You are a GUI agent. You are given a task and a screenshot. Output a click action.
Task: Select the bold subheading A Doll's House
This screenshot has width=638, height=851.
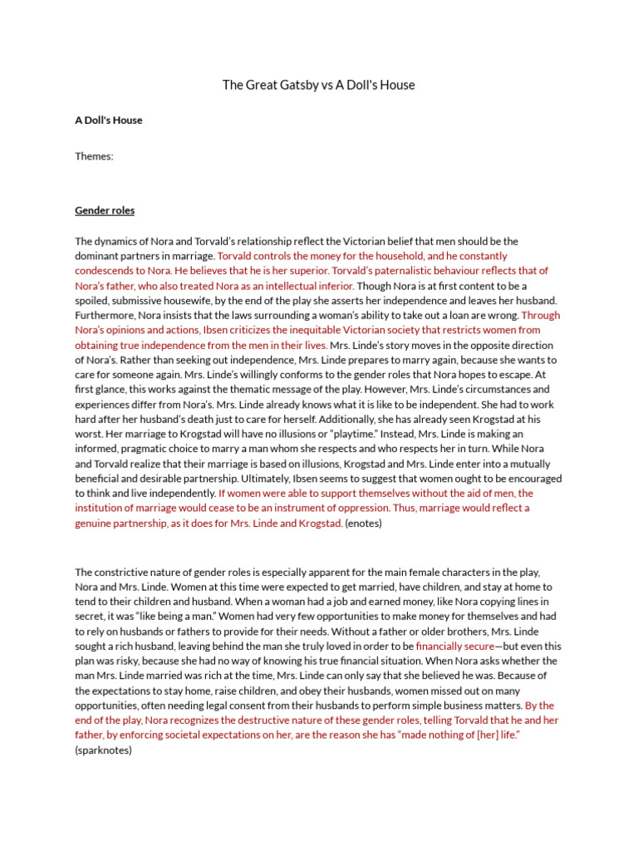click(x=109, y=121)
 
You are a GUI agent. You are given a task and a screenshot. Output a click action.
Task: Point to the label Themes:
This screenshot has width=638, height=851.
click(x=94, y=156)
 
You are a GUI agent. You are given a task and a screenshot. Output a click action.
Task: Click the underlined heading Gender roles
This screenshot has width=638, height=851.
click(x=105, y=211)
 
